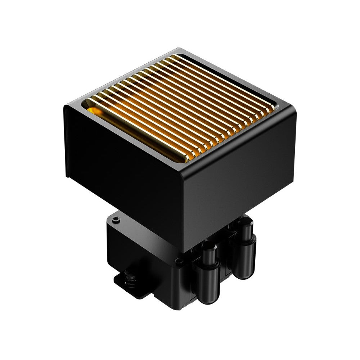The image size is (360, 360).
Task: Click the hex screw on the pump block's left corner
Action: [115, 219]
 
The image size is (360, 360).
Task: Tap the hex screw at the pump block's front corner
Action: [177, 262]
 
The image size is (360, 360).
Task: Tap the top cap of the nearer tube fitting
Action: [209, 247]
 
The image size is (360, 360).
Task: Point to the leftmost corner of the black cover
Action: [65, 107]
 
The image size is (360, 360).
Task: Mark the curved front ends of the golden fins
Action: [230, 140]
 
